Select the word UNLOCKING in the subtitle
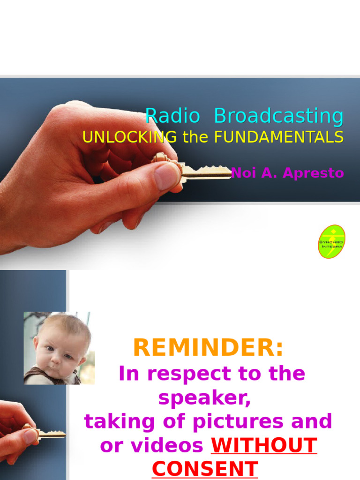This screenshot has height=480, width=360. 129,137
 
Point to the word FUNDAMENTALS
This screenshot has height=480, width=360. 279,137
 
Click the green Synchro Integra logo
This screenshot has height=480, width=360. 331,241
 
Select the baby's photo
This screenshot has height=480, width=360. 59,348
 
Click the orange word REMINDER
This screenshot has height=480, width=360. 208,348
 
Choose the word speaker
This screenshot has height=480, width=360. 204,398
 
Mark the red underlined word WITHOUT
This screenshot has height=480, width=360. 264,445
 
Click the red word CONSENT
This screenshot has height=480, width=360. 205,469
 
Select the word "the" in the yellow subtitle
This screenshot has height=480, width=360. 195,137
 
